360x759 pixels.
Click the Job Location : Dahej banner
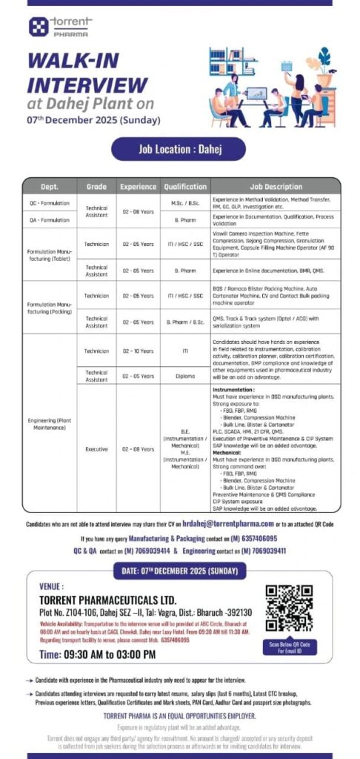pyautogui.click(x=179, y=149)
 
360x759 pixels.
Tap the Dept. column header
pyautogui.click(x=49, y=187)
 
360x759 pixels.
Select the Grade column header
pyautogui.click(x=97, y=187)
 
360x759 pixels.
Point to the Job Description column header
pyautogui.click(x=276, y=187)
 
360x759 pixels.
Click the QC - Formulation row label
pyautogui.click(x=49, y=202)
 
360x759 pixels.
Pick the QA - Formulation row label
pyautogui.click(x=49, y=219)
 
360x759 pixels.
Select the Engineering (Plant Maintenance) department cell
pyautogui.click(x=49, y=425)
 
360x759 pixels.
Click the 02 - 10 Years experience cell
pyautogui.click(x=139, y=351)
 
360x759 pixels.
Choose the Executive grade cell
pyautogui.click(x=97, y=448)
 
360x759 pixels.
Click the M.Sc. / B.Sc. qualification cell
pyautogui.click(x=185, y=202)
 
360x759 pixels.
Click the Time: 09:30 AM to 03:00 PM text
pyautogui.click(x=97, y=654)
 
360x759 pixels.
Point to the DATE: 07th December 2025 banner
pyautogui.click(x=179, y=571)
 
